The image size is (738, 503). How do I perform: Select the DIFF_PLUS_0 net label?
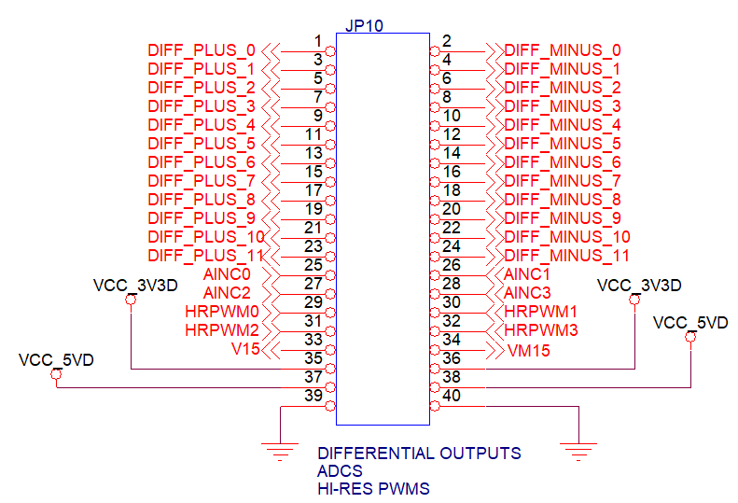tap(202, 50)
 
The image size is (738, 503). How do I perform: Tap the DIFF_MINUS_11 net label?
tap(566, 256)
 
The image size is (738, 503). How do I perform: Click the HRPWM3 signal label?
tap(541, 330)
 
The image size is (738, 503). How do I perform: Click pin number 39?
tap(313, 396)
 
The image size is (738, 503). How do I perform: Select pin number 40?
tap(452, 396)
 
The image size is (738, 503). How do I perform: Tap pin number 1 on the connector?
tap(318, 41)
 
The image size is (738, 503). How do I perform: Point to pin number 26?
tap(452, 265)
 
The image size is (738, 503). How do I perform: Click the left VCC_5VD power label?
tap(56, 360)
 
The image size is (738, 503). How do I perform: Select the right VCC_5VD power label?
tap(690, 323)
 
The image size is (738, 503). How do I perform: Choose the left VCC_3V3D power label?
tap(135, 286)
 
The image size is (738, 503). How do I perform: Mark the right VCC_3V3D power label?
tap(639, 286)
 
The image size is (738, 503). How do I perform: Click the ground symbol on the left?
tap(279, 453)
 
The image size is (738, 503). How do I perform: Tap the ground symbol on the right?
tap(579, 453)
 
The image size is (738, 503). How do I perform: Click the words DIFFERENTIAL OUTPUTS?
tap(419, 454)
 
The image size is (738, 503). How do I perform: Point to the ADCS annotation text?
tap(340, 471)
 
